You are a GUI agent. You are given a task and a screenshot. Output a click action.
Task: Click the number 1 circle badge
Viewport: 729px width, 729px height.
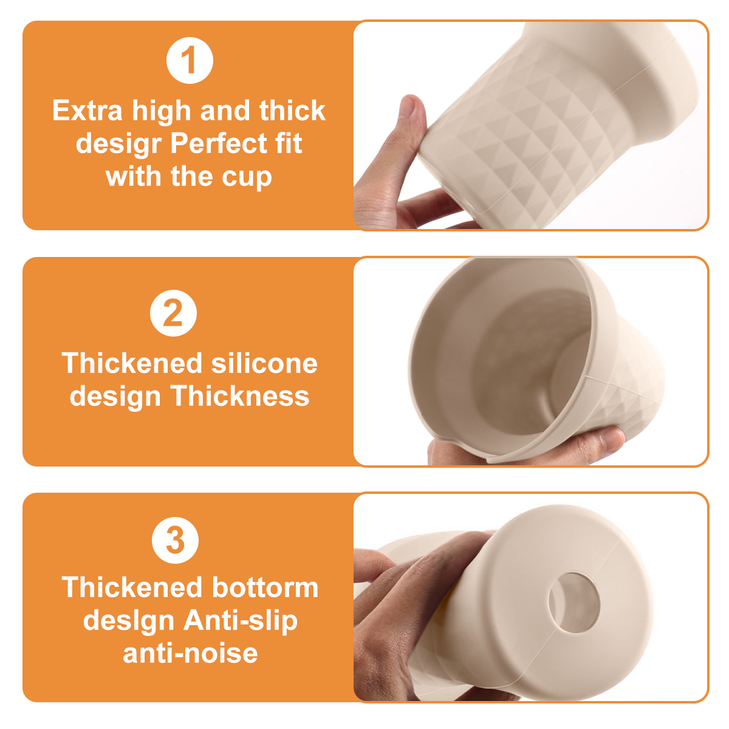(190, 61)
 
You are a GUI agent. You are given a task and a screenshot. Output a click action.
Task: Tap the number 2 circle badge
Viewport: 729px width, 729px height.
(173, 313)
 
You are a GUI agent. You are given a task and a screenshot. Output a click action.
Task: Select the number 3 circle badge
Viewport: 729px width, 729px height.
(175, 540)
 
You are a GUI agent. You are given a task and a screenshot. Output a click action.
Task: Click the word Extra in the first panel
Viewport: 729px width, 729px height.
(87, 111)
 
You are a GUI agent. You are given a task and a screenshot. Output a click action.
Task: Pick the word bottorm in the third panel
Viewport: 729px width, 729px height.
(265, 587)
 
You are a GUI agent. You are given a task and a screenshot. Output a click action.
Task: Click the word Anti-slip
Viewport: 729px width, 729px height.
(241, 622)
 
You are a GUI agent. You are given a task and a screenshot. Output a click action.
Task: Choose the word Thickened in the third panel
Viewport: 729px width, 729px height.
(132, 587)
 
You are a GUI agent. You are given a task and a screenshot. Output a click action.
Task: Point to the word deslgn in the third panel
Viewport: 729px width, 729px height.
(129, 622)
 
